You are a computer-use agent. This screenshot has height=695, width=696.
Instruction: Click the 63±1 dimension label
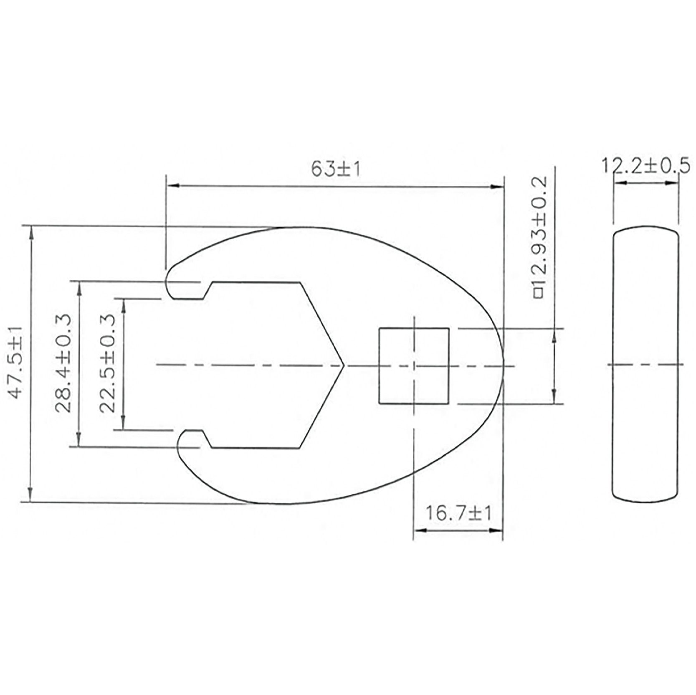pos(335,169)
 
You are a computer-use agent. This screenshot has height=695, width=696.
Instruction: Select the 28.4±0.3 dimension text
pos(63,363)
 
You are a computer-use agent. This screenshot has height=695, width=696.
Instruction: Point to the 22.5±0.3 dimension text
pos(107,363)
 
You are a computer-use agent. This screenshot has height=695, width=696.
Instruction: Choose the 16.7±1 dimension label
pos(458,513)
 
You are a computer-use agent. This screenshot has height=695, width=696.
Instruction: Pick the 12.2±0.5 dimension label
pos(645,166)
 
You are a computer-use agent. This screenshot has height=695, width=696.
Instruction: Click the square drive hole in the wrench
pos(414,366)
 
